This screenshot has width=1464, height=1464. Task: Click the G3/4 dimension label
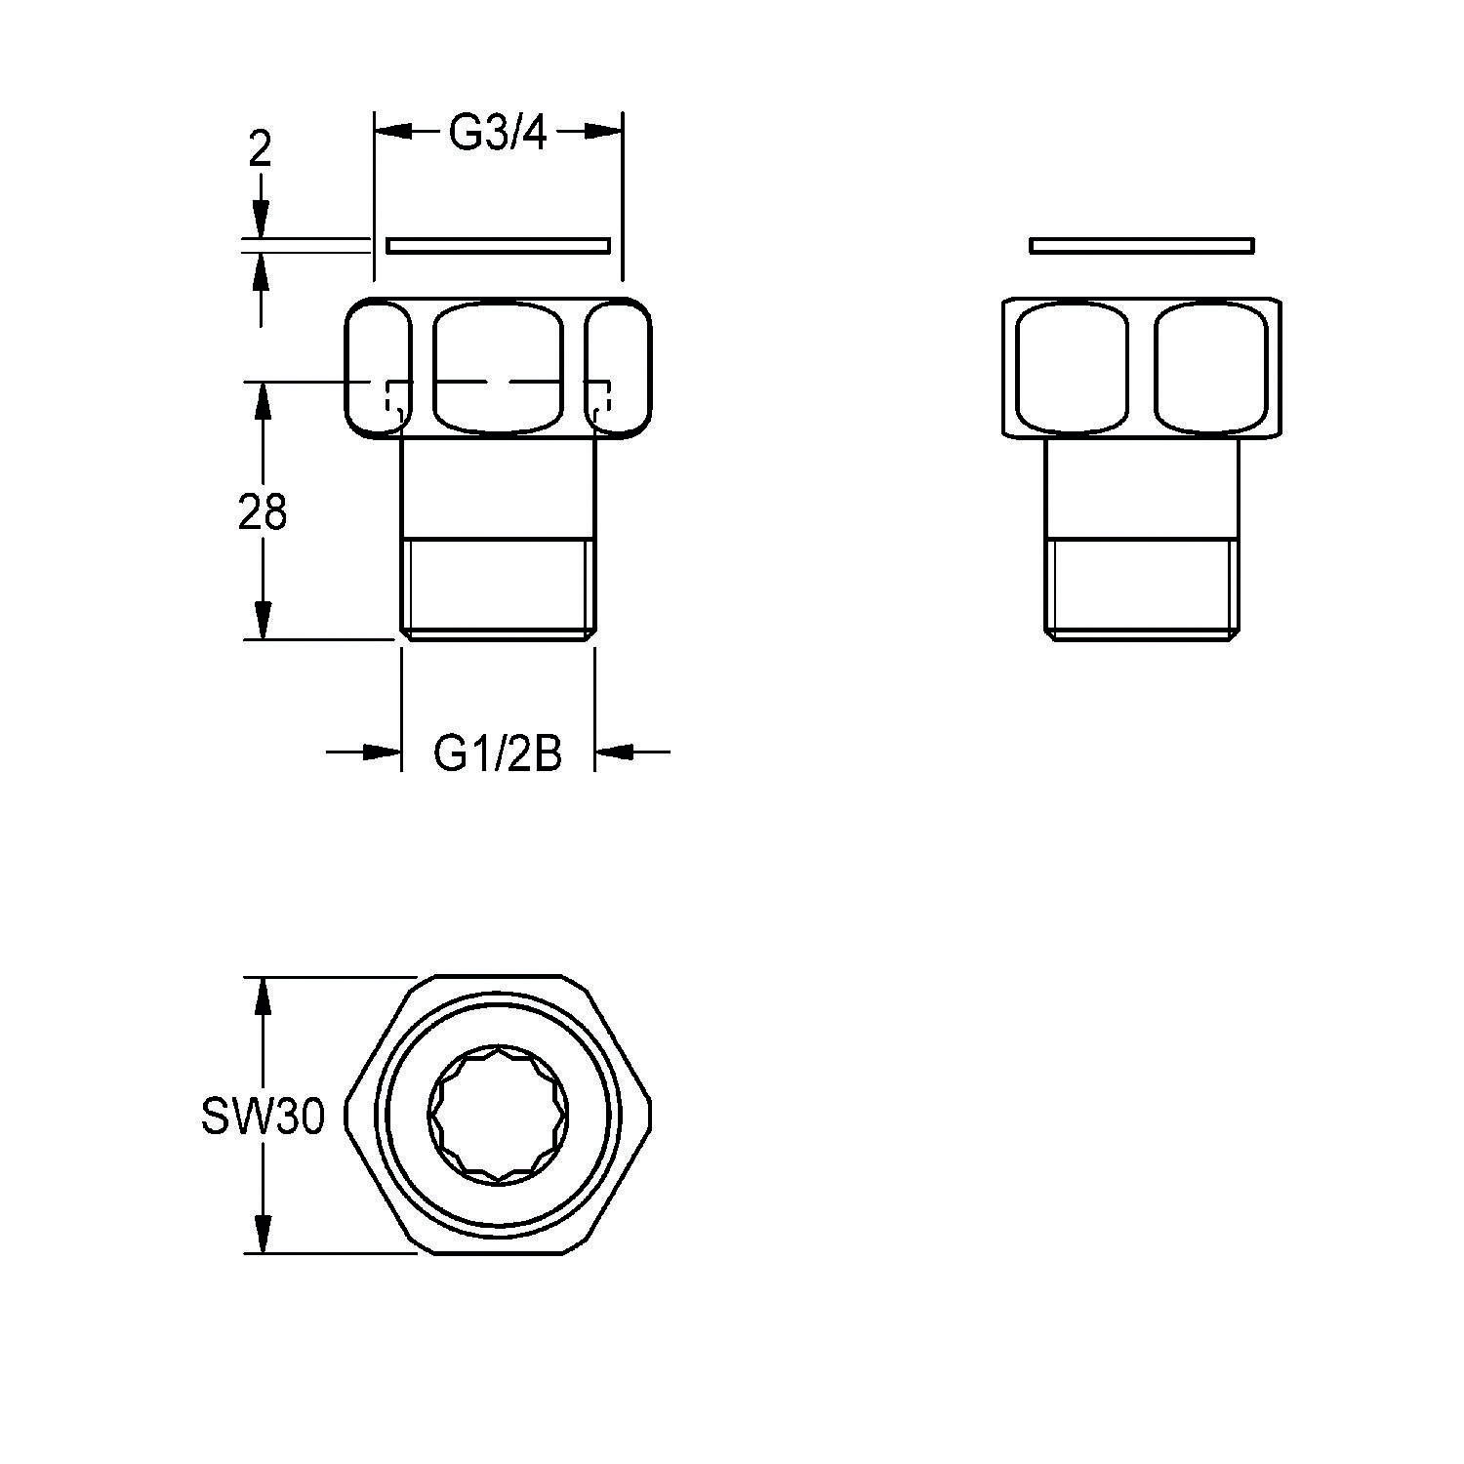click(x=498, y=134)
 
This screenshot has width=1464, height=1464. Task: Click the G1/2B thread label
click(x=498, y=752)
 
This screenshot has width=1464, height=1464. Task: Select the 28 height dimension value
click(x=263, y=511)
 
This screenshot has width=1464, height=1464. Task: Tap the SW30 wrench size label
click(x=263, y=1117)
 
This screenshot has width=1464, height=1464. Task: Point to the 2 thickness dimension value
click(x=260, y=150)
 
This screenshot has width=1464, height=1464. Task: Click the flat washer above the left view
click(x=499, y=245)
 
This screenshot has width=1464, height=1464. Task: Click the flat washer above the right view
click(x=1142, y=245)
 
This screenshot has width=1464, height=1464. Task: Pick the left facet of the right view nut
click(x=1072, y=369)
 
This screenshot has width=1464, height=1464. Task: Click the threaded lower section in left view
click(x=498, y=586)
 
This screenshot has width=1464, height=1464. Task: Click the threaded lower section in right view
click(x=1142, y=586)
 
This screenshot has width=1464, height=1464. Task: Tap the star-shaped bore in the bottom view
click(x=498, y=1116)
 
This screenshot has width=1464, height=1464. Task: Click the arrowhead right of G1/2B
click(x=614, y=752)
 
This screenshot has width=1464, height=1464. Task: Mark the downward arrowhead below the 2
click(x=261, y=219)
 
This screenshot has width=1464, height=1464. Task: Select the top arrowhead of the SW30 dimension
click(x=261, y=995)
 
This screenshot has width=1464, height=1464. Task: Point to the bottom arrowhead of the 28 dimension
click(x=262, y=621)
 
